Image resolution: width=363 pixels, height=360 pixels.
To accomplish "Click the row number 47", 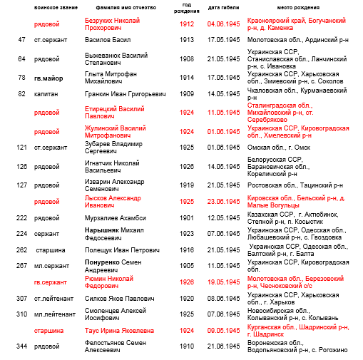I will point(22,40).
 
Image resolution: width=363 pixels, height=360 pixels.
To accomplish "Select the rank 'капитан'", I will point(46,94).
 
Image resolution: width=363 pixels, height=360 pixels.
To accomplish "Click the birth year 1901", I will point(186,217).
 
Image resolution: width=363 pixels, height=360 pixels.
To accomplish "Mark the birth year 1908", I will point(186,58).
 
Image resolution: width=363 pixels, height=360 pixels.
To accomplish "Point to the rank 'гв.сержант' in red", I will point(51,282).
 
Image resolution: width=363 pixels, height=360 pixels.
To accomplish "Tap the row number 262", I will point(21,250).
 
